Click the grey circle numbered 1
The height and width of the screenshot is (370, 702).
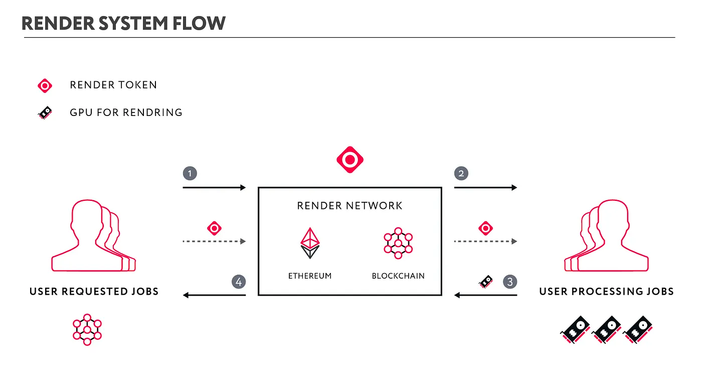coord(190,174)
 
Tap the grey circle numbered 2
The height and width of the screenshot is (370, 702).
coord(461,174)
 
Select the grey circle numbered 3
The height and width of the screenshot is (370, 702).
coord(510,281)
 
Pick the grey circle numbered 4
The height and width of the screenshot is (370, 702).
coord(239,282)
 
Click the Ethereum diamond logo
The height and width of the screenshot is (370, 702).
coord(310,243)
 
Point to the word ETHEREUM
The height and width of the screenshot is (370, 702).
coord(310,276)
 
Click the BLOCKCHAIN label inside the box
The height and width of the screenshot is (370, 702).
coord(398,276)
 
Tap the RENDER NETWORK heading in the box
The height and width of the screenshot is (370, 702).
coord(349,205)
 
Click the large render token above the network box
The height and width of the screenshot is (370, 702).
coord(349,160)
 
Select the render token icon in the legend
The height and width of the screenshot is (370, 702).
coord(45,86)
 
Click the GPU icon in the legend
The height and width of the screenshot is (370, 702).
coord(45,113)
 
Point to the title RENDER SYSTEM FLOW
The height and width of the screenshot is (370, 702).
coord(123,23)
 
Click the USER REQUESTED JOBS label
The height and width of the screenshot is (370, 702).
coord(94,291)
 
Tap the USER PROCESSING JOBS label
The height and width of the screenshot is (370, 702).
coord(606,291)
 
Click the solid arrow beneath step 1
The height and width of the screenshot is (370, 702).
coord(214,188)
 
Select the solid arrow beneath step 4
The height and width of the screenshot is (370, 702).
coord(214,295)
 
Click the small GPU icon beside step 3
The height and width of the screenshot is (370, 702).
coord(485,282)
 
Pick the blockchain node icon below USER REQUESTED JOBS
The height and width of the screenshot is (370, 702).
coord(87,329)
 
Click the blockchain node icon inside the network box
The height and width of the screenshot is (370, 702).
coord(398,243)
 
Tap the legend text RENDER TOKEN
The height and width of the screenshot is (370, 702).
coord(113,85)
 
